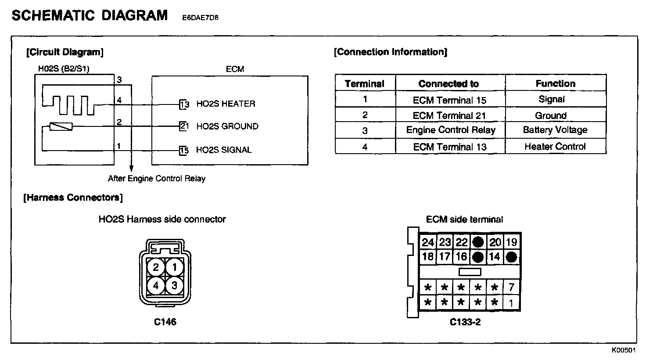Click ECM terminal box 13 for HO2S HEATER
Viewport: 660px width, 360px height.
pyautogui.click(x=184, y=104)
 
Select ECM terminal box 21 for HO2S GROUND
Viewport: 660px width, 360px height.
pyautogui.click(x=184, y=126)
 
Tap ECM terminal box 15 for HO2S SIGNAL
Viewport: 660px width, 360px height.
pyautogui.click(x=184, y=150)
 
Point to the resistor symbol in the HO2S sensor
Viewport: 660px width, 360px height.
pyautogui.click(x=61, y=127)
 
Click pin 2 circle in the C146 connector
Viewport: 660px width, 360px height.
pyautogui.click(x=156, y=266)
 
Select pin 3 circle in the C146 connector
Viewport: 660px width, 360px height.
pyautogui.click(x=175, y=286)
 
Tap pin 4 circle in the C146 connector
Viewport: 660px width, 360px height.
pyautogui.click(x=156, y=286)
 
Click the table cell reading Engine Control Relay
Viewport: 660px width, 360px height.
pyautogui.click(x=450, y=130)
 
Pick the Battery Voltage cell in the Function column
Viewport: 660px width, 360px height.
pyautogui.click(x=555, y=130)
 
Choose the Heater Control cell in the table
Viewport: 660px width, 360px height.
pyautogui.click(x=555, y=147)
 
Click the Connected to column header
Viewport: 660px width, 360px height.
pyautogui.click(x=448, y=83)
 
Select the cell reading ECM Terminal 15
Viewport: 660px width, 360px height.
pyautogui.click(x=449, y=100)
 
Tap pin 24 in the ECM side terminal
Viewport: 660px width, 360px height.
pyautogui.click(x=428, y=242)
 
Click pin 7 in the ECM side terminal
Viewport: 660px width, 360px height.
pyautogui.click(x=511, y=288)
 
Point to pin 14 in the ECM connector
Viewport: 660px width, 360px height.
pyautogui.click(x=495, y=257)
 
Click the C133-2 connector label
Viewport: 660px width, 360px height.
pyautogui.click(x=465, y=322)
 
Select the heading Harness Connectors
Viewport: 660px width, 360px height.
pyautogui.click(x=73, y=198)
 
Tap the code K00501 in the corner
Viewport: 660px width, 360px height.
pyautogui.click(x=624, y=350)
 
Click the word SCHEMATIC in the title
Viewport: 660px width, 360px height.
pyautogui.click(x=53, y=15)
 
